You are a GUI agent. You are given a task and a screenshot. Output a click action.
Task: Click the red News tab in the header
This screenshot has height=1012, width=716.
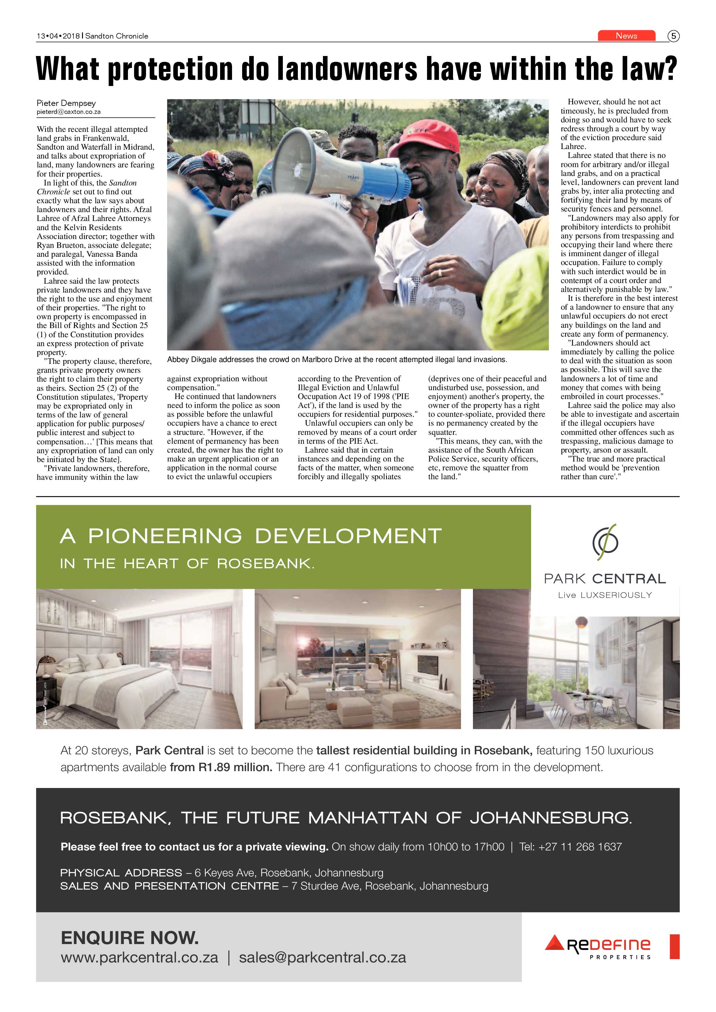coord(626,36)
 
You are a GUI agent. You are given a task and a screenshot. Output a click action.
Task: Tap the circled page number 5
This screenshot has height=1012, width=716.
coord(673,36)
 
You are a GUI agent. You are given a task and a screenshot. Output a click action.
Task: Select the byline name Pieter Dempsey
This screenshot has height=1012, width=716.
coord(66,103)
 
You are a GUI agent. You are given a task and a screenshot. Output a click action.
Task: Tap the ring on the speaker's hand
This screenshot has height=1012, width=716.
coord(440,273)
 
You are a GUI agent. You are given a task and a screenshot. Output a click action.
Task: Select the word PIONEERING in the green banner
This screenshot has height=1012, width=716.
coord(165,536)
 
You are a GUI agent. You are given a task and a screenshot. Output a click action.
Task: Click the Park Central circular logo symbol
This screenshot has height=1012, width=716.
coord(605,542)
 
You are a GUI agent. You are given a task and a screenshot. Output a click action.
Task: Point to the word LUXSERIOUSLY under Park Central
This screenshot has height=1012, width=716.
coord(616,595)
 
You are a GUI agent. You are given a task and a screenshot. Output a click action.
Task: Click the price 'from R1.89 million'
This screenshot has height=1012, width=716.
coord(221,767)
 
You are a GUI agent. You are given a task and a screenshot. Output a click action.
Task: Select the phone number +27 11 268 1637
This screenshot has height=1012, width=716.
coord(580,847)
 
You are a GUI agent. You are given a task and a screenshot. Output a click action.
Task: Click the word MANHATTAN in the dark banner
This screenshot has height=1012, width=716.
coord(368,818)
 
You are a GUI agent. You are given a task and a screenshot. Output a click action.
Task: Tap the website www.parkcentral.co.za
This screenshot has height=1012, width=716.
coord(139,957)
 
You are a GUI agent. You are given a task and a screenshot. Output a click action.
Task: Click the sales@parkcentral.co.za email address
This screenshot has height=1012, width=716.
coord(322,957)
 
